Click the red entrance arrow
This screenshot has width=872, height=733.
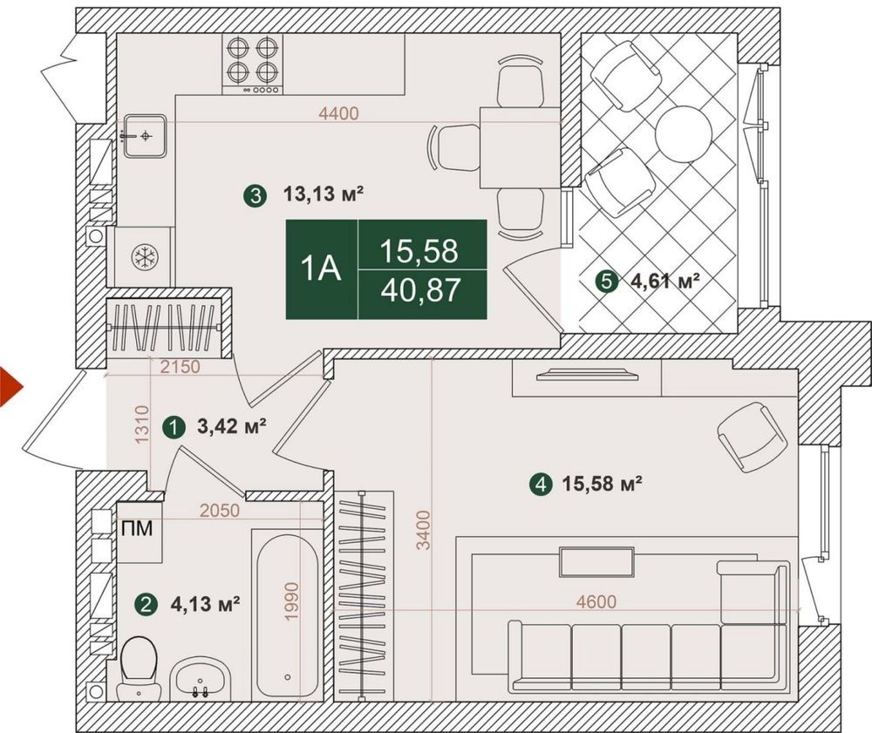[9, 387]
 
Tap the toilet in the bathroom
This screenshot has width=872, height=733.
[138, 668]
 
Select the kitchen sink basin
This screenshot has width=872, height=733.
[145, 136]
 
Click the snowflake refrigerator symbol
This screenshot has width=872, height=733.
[145, 257]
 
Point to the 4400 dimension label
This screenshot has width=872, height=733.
[338, 113]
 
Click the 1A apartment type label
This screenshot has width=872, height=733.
[321, 269]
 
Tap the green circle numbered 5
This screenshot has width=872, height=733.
[606, 282]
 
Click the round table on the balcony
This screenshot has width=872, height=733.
[684, 133]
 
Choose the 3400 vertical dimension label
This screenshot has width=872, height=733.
[425, 530]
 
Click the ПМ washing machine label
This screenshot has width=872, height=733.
[137, 528]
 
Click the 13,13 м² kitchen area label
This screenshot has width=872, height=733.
[324, 194]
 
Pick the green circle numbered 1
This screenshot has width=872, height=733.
[174, 428]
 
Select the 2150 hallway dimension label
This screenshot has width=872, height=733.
[179, 367]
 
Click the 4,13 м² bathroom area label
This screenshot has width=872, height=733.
[205, 603]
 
